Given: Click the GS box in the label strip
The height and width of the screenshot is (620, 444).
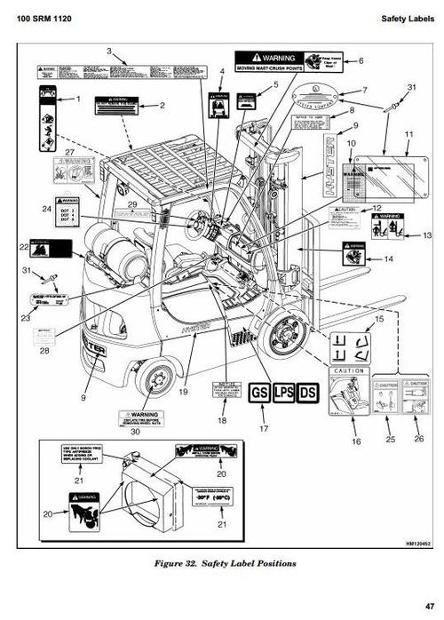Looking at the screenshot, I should [259, 393].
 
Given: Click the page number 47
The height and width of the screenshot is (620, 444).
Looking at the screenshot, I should [429, 607].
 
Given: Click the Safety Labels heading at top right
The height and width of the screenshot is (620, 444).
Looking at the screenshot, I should [407, 19].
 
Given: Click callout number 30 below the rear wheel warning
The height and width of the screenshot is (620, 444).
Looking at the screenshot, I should [135, 433].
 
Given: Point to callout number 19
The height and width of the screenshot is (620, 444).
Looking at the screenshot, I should [183, 390].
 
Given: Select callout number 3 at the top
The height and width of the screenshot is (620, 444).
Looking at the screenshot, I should [108, 52].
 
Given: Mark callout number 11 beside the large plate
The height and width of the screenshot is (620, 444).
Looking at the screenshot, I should [408, 134].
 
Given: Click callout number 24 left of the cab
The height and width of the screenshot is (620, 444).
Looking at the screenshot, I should [46, 209].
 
